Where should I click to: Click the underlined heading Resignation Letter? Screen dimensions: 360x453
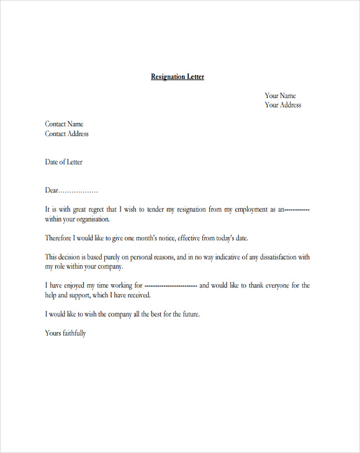point(178,77)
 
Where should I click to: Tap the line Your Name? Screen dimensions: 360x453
point(280,96)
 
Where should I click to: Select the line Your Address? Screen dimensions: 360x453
point(283,105)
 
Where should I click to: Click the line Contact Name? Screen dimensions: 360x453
point(64,124)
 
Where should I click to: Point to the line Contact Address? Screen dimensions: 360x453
point(66,133)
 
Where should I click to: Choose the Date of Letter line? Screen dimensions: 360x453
point(63,162)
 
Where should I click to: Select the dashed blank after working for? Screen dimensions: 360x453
point(170,286)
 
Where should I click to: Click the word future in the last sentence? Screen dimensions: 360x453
point(187,314)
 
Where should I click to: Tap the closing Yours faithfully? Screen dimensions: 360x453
point(65,333)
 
